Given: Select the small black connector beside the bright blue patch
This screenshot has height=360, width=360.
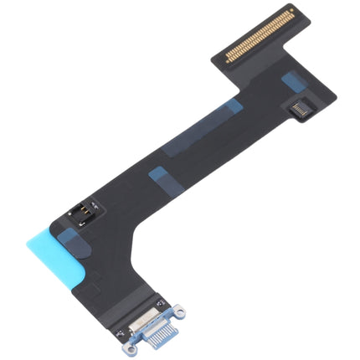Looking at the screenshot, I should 298,109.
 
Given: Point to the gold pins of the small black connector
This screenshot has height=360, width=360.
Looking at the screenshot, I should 299,110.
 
